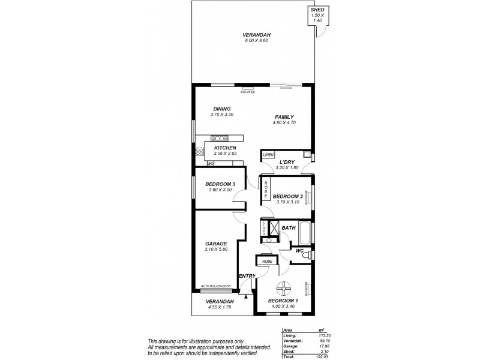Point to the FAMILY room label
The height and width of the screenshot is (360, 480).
pyautogui.click(x=284, y=117)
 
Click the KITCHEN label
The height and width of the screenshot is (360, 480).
pyautogui.click(x=226, y=148)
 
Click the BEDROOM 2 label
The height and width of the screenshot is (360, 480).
pyautogui.click(x=287, y=196)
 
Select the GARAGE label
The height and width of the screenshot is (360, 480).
pyautogui.click(x=215, y=244)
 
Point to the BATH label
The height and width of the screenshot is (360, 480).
pyautogui.click(x=289, y=227)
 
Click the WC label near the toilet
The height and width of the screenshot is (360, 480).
pyautogui.click(x=298, y=251)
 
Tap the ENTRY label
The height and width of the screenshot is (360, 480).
pyautogui.click(x=247, y=276)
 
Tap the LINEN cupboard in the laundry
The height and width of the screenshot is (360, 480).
pyautogui.click(x=268, y=155)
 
